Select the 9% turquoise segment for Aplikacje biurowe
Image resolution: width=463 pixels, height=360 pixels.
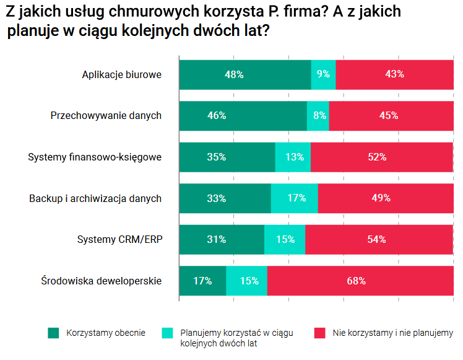pyautogui.click(x=323, y=74)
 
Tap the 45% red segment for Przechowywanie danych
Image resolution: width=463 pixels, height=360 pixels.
pyautogui.click(x=391, y=115)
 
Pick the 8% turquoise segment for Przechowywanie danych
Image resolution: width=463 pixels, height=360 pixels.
pyautogui.click(x=318, y=115)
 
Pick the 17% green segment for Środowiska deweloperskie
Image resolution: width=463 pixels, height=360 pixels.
pyautogui.click(x=202, y=281)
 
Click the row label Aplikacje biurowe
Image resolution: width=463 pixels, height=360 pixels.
pyautogui.click(x=122, y=74)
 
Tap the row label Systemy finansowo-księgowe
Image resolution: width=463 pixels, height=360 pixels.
pyautogui.click(x=95, y=157)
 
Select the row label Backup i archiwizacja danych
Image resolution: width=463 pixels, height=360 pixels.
pyautogui.click(x=95, y=198)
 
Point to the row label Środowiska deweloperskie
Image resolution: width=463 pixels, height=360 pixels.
pyautogui.click(x=102, y=281)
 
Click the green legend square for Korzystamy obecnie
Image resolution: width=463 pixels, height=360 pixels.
pyautogui.click(x=53, y=333)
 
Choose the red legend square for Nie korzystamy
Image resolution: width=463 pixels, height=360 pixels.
pyautogui.click(x=319, y=333)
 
